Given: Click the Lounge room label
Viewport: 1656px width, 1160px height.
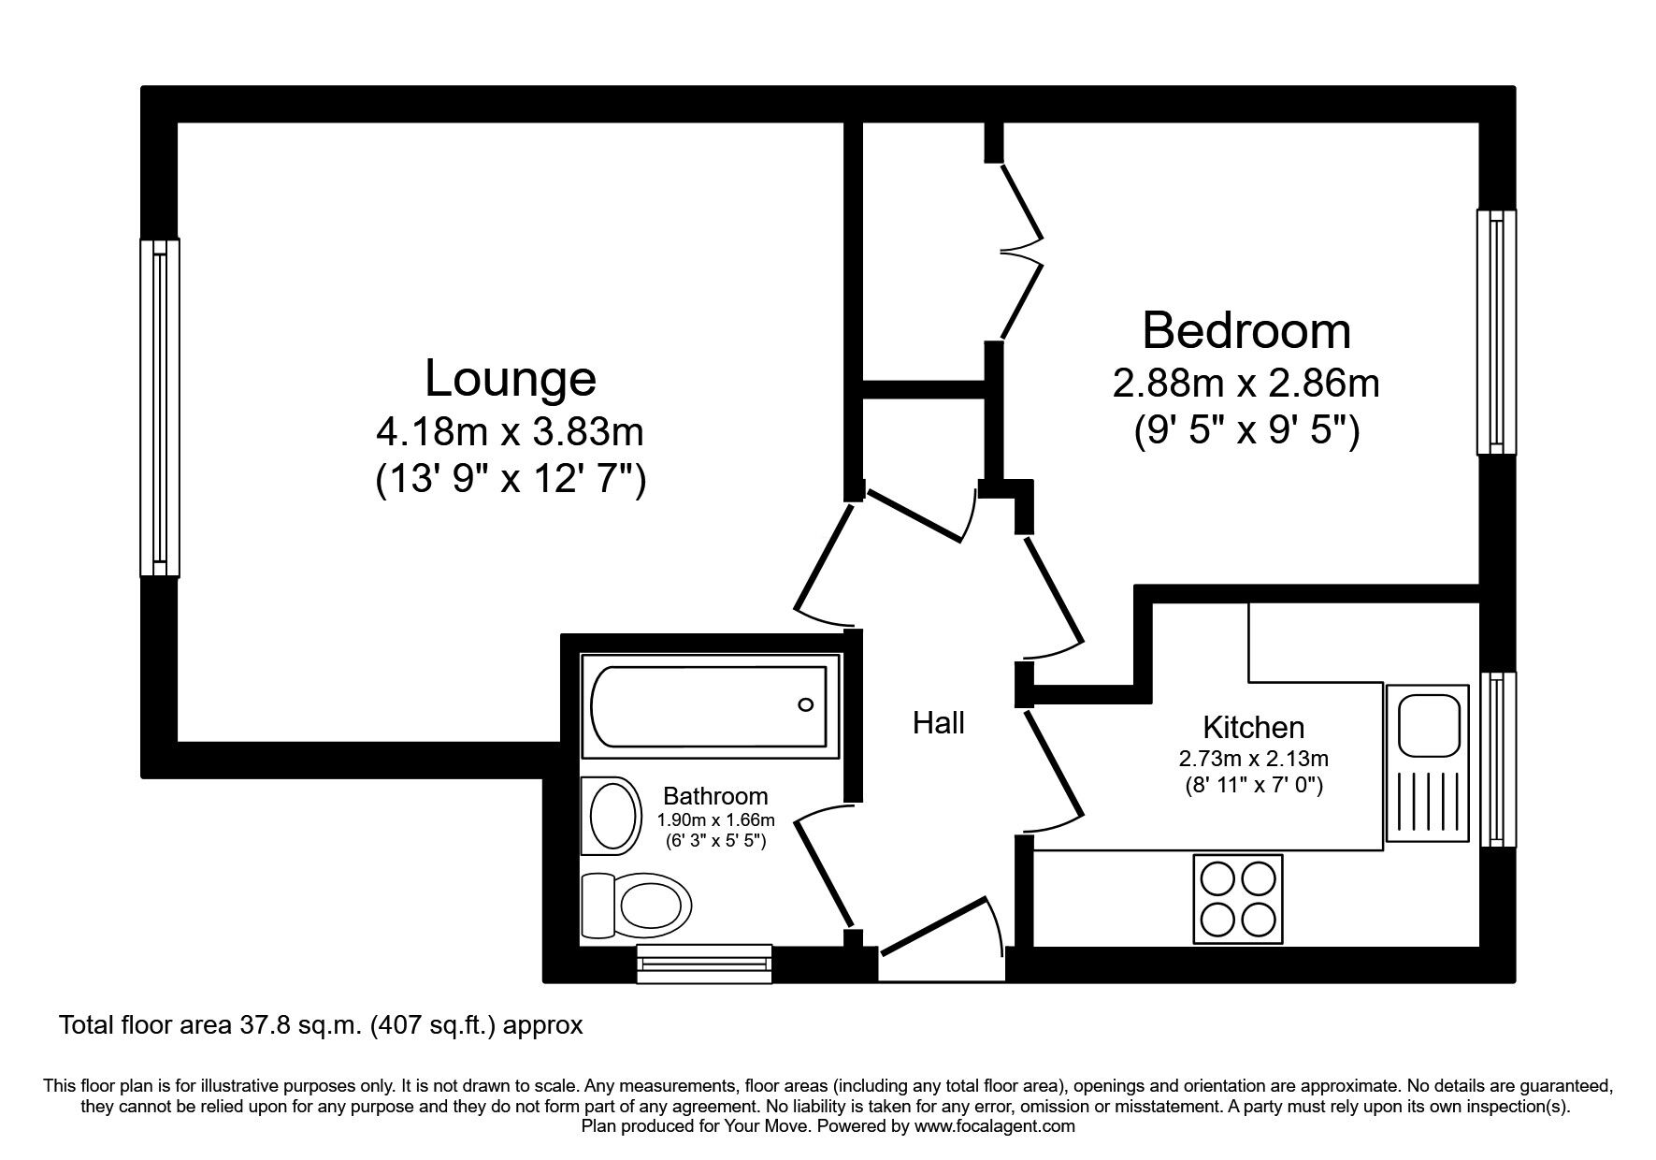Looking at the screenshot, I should (x=510, y=379).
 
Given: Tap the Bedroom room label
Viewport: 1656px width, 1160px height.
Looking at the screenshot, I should (x=1246, y=331).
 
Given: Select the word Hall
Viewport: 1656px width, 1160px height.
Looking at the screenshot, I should (x=938, y=723).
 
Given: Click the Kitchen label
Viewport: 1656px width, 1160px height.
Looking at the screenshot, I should (x=1253, y=727).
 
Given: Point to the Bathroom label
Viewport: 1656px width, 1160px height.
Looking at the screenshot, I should (x=715, y=796).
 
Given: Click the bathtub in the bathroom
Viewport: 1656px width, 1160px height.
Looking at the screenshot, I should (x=710, y=706).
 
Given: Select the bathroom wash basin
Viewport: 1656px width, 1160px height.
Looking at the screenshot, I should (x=612, y=815).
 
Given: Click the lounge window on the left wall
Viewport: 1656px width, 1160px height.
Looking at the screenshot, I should (x=160, y=407).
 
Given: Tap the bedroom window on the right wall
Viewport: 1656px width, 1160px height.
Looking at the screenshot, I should (x=1497, y=332).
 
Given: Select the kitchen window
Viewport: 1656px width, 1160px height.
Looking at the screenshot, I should (x=1497, y=759).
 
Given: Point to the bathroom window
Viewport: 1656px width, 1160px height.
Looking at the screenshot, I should (x=704, y=964).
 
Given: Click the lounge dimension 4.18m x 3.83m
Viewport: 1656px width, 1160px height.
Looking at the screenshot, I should (x=510, y=433).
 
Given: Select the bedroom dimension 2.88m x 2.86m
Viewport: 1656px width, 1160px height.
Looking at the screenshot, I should (x=1246, y=384).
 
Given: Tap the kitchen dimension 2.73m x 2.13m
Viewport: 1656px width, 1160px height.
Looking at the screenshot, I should (x=1253, y=759).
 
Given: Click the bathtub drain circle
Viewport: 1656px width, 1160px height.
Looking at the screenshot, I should (x=805, y=705).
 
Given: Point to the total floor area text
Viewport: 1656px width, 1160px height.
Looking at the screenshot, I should (x=321, y=1025).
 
